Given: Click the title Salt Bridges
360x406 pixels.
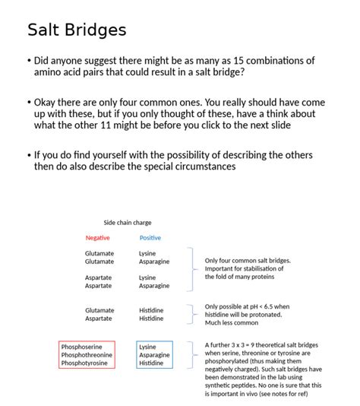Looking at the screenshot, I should coord(77,30).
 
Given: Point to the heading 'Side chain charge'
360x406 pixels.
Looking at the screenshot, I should coord(128,223).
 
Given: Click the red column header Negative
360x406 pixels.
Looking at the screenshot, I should coord(97,238).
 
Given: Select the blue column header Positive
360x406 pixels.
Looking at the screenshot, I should coord(150,238).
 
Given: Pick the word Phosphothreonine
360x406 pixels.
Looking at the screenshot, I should coord(87,355).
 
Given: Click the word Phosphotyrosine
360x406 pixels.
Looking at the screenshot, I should coord(84,363).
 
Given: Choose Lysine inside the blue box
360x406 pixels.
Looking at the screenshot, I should coord(147,347).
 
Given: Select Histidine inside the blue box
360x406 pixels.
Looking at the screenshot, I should coord(151,363).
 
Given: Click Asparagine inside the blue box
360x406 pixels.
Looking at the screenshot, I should coord(154,355).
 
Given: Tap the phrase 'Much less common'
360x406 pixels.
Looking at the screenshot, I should coord(230,322).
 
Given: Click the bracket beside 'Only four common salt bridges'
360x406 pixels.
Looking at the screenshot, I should coord(192,268).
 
